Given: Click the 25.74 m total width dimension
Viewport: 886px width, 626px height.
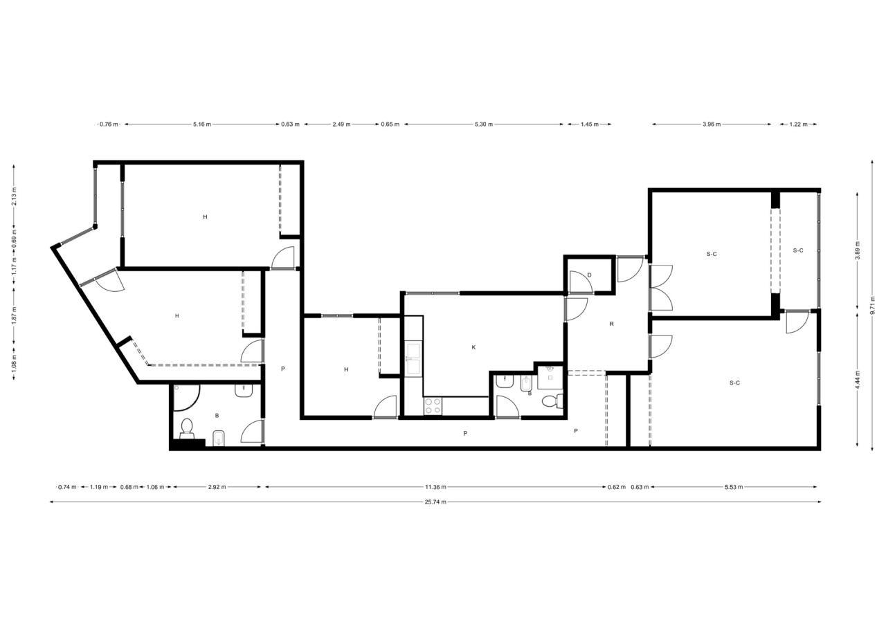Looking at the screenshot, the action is pyautogui.click(x=435, y=502).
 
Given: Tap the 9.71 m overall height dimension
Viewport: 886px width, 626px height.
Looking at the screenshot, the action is pyautogui.click(x=873, y=305).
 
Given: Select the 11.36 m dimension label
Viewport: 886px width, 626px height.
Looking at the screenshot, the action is pyautogui.click(x=435, y=487).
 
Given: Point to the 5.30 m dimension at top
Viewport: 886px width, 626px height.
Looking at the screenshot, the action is pyautogui.click(x=484, y=124).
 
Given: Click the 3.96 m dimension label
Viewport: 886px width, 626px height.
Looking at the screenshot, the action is pyautogui.click(x=712, y=124).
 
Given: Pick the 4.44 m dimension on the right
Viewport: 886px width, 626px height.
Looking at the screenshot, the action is pyautogui.click(x=858, y=380).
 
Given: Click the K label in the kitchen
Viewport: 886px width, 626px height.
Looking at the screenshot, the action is pyautogui.click(x=473, y=347).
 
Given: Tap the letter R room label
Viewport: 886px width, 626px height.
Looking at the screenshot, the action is pyautogui.click(x=611, y=324).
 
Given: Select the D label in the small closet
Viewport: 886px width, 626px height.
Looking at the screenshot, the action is pyautogui.click(x=589, y=275).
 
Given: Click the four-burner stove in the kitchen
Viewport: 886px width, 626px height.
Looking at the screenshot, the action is pyautogui.click(x=433, y=406).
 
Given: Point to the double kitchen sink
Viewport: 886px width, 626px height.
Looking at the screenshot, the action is pyautogui.click(x=414, y=358).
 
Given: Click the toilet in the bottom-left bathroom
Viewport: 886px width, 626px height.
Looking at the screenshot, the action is pyautogui.click(x=187, y=429).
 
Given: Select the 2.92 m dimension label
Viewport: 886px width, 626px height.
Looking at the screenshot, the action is pyautogui.click(x=217, y=487).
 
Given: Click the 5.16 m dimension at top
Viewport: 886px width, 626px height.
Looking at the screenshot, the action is pyautogui.click(x=201, y=124).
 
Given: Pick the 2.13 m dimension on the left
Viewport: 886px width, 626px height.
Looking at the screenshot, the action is pyautogui.click(x=15, y=196).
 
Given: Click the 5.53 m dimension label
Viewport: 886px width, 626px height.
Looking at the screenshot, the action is pyautogui.click(x=733, y=487).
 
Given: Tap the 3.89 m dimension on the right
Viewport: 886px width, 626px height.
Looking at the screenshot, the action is pyautogui.click(x=858, y=250).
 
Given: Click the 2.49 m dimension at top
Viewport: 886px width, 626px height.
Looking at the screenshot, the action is pyautogui.click(x=341, y=124).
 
